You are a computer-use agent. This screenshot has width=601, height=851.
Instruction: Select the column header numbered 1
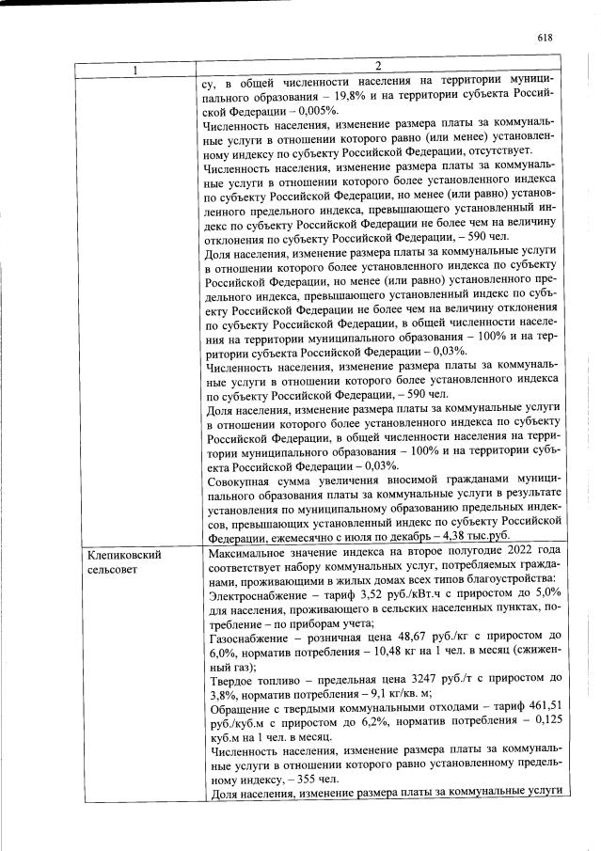pyautogui.click(x=134, y=68)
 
